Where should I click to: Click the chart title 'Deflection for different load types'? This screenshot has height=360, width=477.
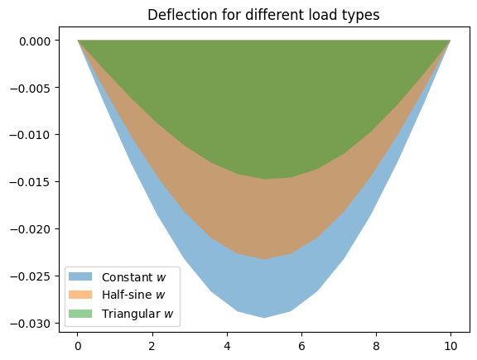[x=263, y=15]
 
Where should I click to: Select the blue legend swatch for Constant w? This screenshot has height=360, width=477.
[x=80, y=276]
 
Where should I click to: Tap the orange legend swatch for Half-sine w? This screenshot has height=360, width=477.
[x=80, y=295]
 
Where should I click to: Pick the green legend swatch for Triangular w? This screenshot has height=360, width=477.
[x=80, y=314]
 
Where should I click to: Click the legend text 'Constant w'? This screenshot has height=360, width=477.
[x=134, y=277]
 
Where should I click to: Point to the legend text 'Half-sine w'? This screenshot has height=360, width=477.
[x=133, y=295]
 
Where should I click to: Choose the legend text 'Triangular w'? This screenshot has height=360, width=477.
[x=137, y=314]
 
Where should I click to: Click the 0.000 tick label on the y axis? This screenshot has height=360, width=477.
[x=35, y=41]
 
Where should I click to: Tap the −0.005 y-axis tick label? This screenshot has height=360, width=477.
[x=30, y=89]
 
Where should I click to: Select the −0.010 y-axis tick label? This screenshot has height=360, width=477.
[x=30, y=135]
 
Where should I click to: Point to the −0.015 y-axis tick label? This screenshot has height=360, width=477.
[x=30, y=182]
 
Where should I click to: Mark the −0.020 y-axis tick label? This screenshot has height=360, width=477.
[x=30, y=229]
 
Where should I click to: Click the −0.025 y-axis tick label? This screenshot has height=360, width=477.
[x=30, y=276]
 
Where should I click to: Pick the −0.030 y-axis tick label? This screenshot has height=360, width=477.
[x=30, y=324]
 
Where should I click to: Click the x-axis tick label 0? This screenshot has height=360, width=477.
[x=78, y=346]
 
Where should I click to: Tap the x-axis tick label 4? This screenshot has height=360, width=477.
[x=227, y=346]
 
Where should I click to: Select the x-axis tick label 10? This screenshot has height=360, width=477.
[x=450, y=346]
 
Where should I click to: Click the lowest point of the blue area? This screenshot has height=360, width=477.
[x=264, y=318]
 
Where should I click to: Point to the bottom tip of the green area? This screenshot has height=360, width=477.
[x=264, y=179]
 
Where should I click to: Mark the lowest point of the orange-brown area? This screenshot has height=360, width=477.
[x=264, y=259]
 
